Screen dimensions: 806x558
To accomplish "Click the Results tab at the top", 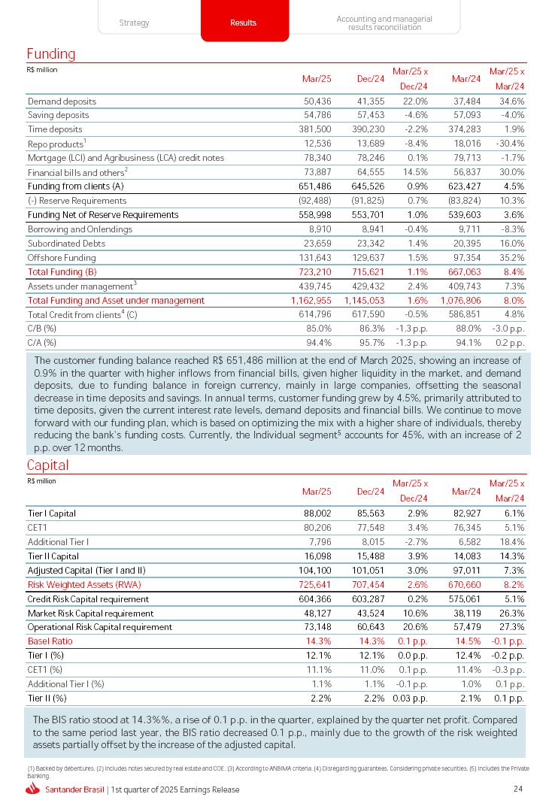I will [244, 23].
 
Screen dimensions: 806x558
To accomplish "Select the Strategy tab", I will [135, 23].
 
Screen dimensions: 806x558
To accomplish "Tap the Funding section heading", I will [51, 54].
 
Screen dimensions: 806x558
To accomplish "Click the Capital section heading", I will [47, 465].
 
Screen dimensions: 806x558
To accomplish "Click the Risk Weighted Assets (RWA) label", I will [84, 584].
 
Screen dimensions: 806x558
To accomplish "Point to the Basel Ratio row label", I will [50, 641].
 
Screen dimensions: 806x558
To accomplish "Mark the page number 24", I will [518, 789].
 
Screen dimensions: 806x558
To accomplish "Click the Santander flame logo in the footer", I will [32, 789].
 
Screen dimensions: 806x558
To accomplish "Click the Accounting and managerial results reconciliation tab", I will [384, 23].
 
